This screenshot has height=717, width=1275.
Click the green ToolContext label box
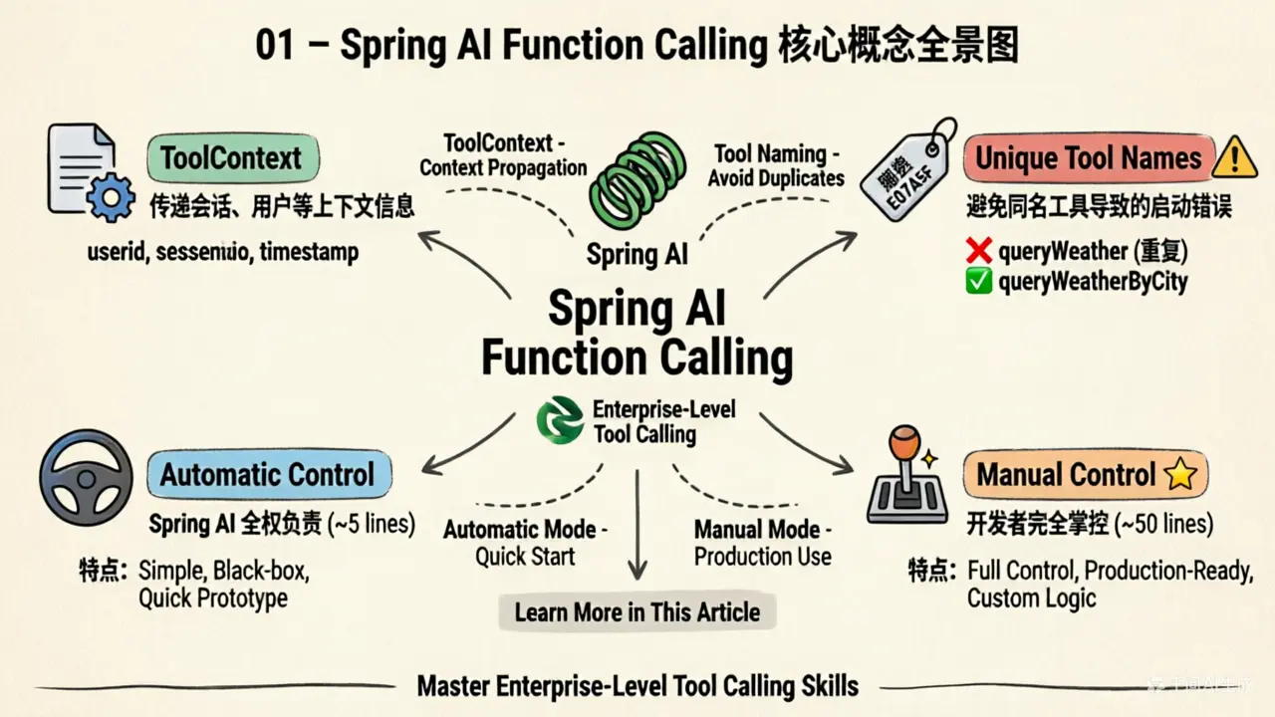pyautogui.click(x=231, y=159)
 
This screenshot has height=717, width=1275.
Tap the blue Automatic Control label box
pyautogui.click(x=268, y=474)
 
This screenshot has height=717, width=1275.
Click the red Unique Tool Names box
pyautogui.click(x=1088, y=158)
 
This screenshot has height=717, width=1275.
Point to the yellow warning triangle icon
pyautogui.click(x=1236, y=157)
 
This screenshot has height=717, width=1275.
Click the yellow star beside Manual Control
pyautogui.click(x=1179, y=475)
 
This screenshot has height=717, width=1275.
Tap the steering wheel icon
pyautogui.click(x=87, y=477)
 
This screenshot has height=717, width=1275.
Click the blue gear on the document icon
pyautogui.click(x=110, y=198)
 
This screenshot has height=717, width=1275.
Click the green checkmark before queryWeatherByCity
pyautogui.click(x=979, y=282)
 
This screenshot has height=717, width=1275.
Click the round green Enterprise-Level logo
pyautogui.click(x=560, y=420)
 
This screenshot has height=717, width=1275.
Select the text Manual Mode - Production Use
pyautogui.click(x=762, y=543)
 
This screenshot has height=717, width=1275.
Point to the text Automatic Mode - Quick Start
pyautogui.click(x=525, y=543)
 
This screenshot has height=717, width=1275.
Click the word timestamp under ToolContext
pyautogui.click(x=309, y=252)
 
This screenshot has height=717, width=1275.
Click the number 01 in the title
pyautogui.click(x=275, y=47)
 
